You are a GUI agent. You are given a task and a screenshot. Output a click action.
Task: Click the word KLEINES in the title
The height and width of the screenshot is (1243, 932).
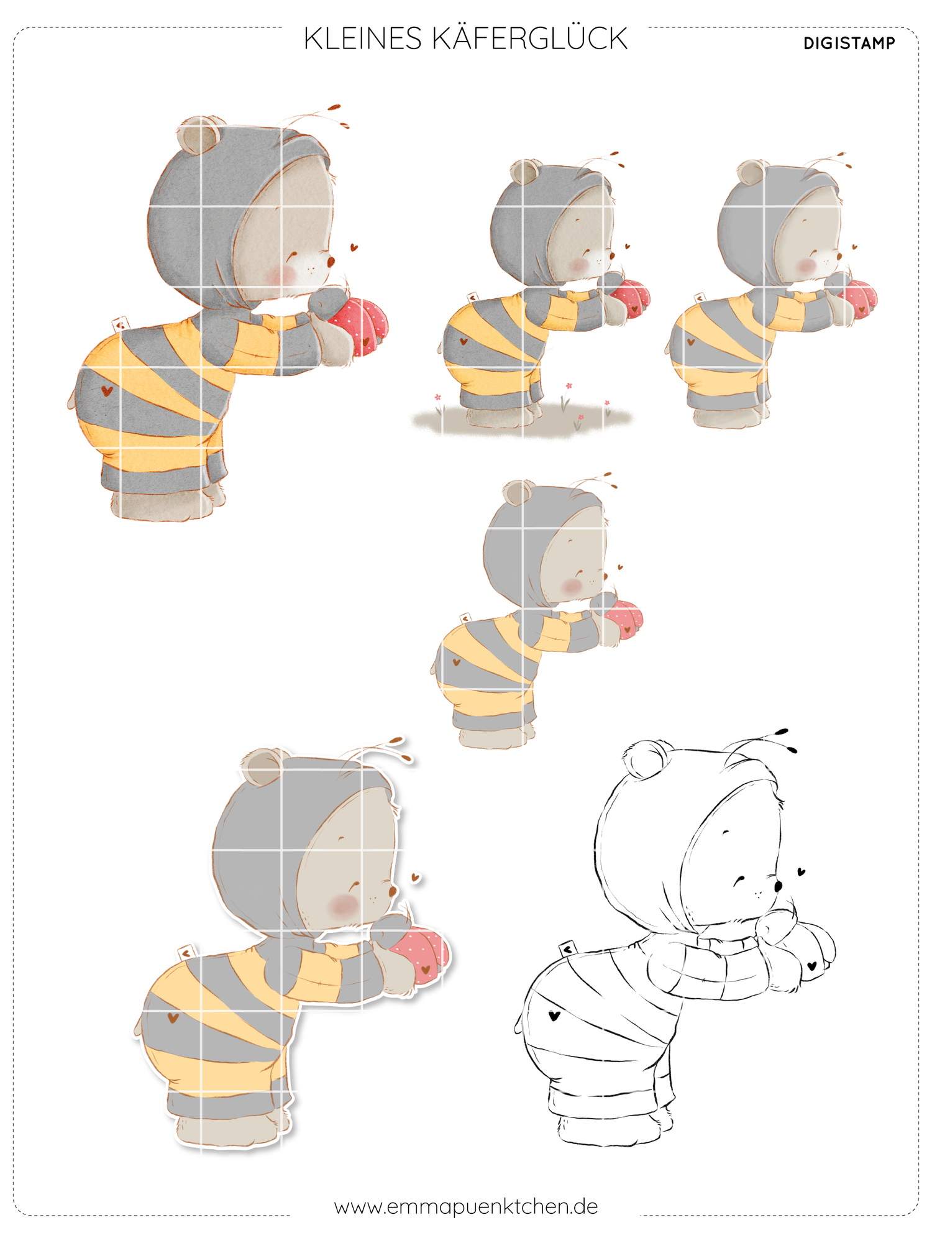click(363, 39)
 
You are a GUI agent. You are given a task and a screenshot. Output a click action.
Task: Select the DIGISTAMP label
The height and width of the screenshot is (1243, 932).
click(849, 44)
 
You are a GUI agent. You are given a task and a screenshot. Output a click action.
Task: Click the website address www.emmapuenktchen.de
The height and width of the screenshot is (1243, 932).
click(466, 1206)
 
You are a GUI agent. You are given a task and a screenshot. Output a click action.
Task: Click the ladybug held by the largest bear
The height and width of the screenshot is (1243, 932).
click(360, 325)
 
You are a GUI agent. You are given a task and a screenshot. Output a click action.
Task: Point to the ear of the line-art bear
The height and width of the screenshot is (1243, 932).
click(646, 759)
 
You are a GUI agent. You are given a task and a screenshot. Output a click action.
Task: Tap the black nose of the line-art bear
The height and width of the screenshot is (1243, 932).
click(779, 885)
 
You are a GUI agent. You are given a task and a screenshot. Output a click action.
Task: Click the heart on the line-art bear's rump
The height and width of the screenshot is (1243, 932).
click(554, 1016)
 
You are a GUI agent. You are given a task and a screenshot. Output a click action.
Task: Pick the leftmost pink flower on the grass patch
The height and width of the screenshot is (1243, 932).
click(437, 397)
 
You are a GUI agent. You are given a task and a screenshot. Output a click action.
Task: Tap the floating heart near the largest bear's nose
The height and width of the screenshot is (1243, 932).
click(354, 247)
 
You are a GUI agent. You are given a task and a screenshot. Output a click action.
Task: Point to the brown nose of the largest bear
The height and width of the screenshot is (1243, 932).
click(331, 261)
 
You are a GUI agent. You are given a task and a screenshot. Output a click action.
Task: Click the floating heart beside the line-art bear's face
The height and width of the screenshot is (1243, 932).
click(802, 872)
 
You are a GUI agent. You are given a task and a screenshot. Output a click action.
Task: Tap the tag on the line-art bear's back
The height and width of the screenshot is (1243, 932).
click(567, 949)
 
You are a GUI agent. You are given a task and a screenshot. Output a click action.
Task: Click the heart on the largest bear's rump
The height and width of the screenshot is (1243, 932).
click(107, 391)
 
